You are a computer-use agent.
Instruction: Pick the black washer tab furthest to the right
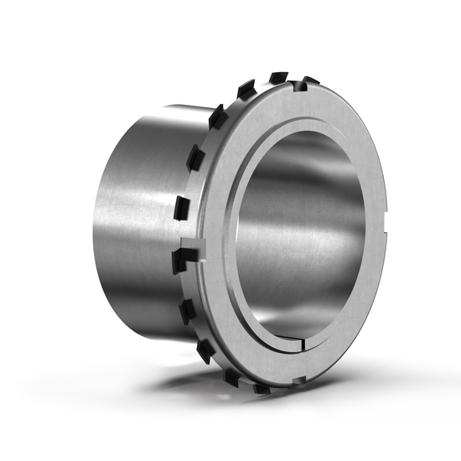[x=310, y=81]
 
